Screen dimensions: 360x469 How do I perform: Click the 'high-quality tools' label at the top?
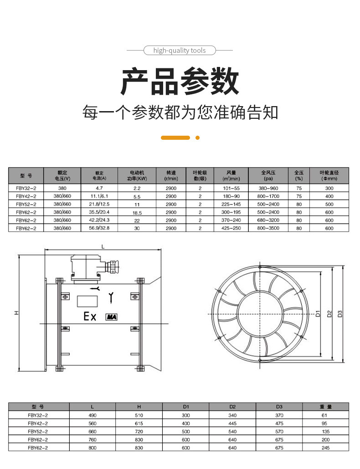point(180,50)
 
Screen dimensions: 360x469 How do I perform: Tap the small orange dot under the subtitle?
point(197,138)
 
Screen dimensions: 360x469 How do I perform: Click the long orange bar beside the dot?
point(175,138)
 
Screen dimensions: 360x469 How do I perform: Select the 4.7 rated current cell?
point(99,188)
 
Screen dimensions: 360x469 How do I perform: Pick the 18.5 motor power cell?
point(137,213)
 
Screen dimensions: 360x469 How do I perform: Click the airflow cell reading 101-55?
point(231,189)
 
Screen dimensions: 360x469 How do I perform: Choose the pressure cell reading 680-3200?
point(268,220)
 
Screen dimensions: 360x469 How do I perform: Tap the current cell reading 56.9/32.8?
point(99,228)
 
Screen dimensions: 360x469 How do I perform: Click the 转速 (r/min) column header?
point(171,176)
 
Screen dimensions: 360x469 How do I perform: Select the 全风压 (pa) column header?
point(268,176)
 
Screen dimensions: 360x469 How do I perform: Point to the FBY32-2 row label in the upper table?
point(26,189)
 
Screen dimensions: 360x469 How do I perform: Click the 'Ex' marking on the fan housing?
point(90,316)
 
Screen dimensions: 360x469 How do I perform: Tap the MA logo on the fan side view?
point(111,317)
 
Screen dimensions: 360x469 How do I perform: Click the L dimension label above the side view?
point(103,247)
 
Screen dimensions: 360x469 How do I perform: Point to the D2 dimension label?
point(329,314)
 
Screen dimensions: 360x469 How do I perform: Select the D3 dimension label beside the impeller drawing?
point(339,314)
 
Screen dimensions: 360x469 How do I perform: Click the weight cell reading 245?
point(325,448)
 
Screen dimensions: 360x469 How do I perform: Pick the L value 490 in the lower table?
point(93,415)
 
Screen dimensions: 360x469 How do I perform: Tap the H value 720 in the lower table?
point(139,432)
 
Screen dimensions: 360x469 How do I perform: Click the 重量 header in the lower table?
point(325,407)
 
